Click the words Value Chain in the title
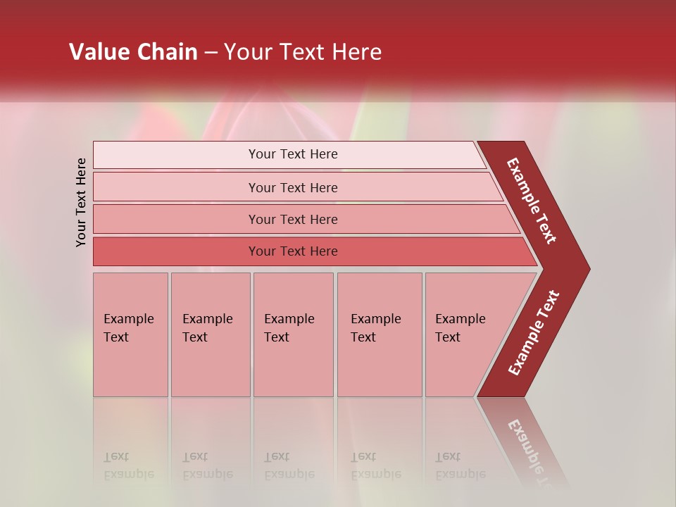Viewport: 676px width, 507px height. pyautogui.click(x=133, y=52)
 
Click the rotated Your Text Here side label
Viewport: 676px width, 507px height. pyautogui.click(x=81, y=202)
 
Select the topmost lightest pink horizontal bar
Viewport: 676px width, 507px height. pyautogui.click(x=176, y=155)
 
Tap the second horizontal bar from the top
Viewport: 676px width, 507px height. pyautogui.click(x=176, y=187)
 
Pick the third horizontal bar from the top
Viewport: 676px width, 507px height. pyautogui.click(x=176, y=219)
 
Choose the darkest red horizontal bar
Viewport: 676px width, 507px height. pyautogui.click(x=176, y=251)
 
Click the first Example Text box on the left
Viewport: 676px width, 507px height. pyautogui.click(x=130, y=334)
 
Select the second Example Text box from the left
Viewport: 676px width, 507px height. pyautogui.click(x=211, y=334)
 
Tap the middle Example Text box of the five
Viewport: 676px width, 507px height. pyautogui.click(x=293, y=334)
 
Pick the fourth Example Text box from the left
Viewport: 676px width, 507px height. pyautogui.click(x=380, y=334)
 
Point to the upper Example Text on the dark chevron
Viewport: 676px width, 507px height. pyautogui.click(x=532, y=201)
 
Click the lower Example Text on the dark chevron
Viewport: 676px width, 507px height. pyautogui.click(x=533, y=332)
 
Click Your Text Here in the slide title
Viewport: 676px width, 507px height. pyautogui.click(x=303, y=52)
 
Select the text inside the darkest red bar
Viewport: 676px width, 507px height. pyautogui.click(x=293, y=251)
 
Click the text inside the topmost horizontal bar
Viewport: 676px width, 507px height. pyautogui.click(x=293, y=154)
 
